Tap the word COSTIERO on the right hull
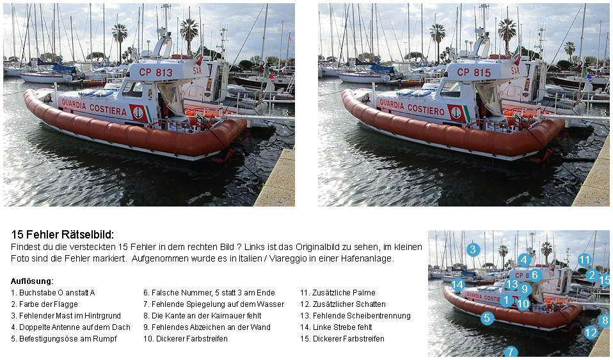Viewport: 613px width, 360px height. point(426,109)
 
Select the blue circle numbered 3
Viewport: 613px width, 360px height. point(473,249)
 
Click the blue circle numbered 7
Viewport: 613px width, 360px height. point(511,352)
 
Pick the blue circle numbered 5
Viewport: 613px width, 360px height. point(487,318)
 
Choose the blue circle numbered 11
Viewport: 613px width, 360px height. point(584,260)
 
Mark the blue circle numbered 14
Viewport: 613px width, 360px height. point(458,285)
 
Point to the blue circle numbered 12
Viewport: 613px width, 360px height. point(591,333)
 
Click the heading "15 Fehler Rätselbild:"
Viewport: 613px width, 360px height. point(63,235)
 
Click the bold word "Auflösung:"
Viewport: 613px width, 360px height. point(32,281)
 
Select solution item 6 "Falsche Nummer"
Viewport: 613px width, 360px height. point(209,293)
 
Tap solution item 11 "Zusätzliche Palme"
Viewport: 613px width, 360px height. point(338,293)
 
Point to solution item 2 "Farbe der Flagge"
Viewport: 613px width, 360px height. point(45,304)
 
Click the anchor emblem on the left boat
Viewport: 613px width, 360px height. point(138,113)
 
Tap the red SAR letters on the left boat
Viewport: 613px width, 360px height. point(198,71)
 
